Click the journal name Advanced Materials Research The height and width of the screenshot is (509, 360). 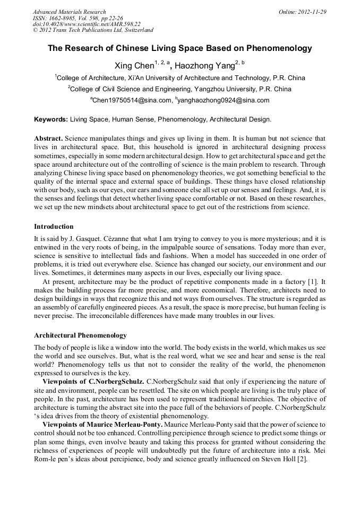[x=69, y=12]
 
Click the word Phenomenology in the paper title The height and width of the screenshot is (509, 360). [x=280, y=48]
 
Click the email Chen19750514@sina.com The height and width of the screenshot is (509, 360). [x=132, y=100]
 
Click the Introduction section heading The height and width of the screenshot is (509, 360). [x=54, y=227]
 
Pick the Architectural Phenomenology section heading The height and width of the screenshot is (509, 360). [x=80, y=335]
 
